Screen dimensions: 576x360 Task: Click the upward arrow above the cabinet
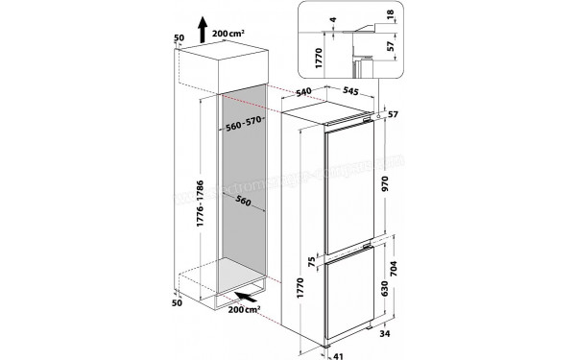202,28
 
